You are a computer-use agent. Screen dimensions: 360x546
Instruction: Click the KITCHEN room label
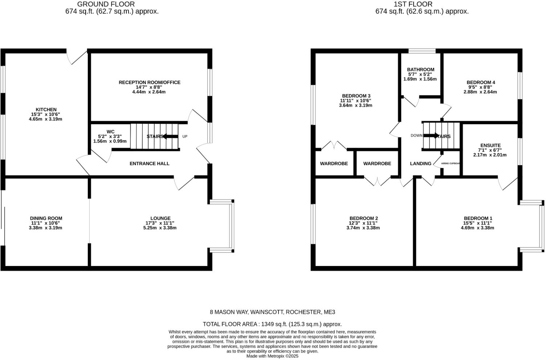click(x=46, y=110)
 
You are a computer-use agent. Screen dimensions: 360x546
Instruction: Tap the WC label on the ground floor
click(x=111, y=131)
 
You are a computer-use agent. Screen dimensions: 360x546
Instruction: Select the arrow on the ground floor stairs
click(x=170, y=136)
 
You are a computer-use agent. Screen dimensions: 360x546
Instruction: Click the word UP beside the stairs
click(x=185, y=136)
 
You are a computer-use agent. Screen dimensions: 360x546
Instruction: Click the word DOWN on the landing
click(x=416, y=136)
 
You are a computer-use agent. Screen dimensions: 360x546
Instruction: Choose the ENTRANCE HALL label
click(x=149, y=164)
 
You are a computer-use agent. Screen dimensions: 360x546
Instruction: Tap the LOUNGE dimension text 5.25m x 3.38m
click(x=160, y=228)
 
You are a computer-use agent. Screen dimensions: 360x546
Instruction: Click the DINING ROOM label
click(x=46, y=218)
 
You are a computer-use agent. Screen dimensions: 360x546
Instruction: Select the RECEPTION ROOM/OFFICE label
click(x=149, y=82)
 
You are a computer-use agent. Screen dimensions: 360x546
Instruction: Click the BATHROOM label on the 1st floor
click(x=420, y=70)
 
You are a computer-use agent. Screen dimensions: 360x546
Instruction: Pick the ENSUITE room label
click(x=490, y=145)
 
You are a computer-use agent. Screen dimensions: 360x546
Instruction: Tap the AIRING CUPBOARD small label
click(x=450, y=164)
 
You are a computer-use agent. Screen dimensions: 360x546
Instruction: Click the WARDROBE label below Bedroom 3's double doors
click(x=334, y=164)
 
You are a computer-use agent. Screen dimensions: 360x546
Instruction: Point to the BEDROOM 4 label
click(x=481, y=82)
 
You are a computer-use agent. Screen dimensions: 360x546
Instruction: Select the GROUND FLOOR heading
click(x=106, y=4)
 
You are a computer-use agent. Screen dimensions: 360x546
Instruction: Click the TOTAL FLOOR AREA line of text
click(x=272, y=324)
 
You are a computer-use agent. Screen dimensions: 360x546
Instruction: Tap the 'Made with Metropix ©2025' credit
click(x=272, y=356)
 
